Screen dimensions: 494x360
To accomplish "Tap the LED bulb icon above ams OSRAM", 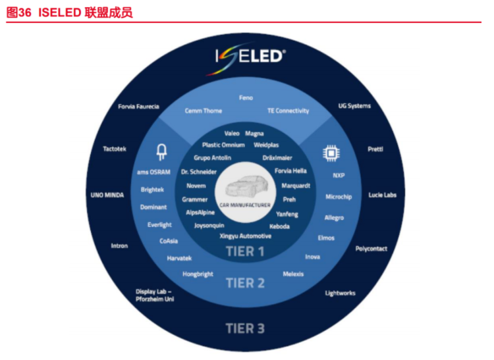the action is pyautogui.click(x=161, y=152).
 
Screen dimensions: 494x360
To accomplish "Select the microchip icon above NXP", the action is pyautogui.click(x=331, y=153).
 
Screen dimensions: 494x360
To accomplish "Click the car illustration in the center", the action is pyautogui.click(x=246, y=186).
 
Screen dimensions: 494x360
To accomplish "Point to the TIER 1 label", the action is pyautogui.click(x=245, y=251).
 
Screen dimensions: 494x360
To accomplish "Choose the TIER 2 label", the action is pyautogui.click(x=245, y=283).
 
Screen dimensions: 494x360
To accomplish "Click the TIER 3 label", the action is pyautogui.click(x=245, y=328).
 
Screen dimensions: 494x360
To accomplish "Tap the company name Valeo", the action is pyautogui.click(x=232, y=134).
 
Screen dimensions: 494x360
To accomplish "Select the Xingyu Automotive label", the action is pyautogui.click(x=246, y=236).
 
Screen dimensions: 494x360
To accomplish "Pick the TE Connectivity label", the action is pyautogui.click(x=288, y=111).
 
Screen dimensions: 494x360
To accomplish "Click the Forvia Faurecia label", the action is pyautogui.click(x=138, y=107).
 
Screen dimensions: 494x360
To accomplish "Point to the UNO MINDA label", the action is pyautogui.click(x=107, y=195).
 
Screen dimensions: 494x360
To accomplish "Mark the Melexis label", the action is pyautogui.click(x=293, y=274).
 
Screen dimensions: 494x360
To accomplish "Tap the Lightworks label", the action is pyautogui.click(x=341, y=294).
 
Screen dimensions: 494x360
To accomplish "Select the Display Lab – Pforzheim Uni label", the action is pyautogui.click(x=155, y=296).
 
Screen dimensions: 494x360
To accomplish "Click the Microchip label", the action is pyautogui.click(x=339, y=197).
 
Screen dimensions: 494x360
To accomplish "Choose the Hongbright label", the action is pyautogui.click(x=198, y=274).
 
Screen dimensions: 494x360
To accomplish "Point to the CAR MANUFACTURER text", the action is pyautogui.click(x=245, y=205).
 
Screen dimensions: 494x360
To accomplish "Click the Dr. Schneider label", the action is pyautogui.click(x=199, y=172).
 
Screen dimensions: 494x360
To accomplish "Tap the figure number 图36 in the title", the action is pyautogui.click(x=19, y=13).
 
